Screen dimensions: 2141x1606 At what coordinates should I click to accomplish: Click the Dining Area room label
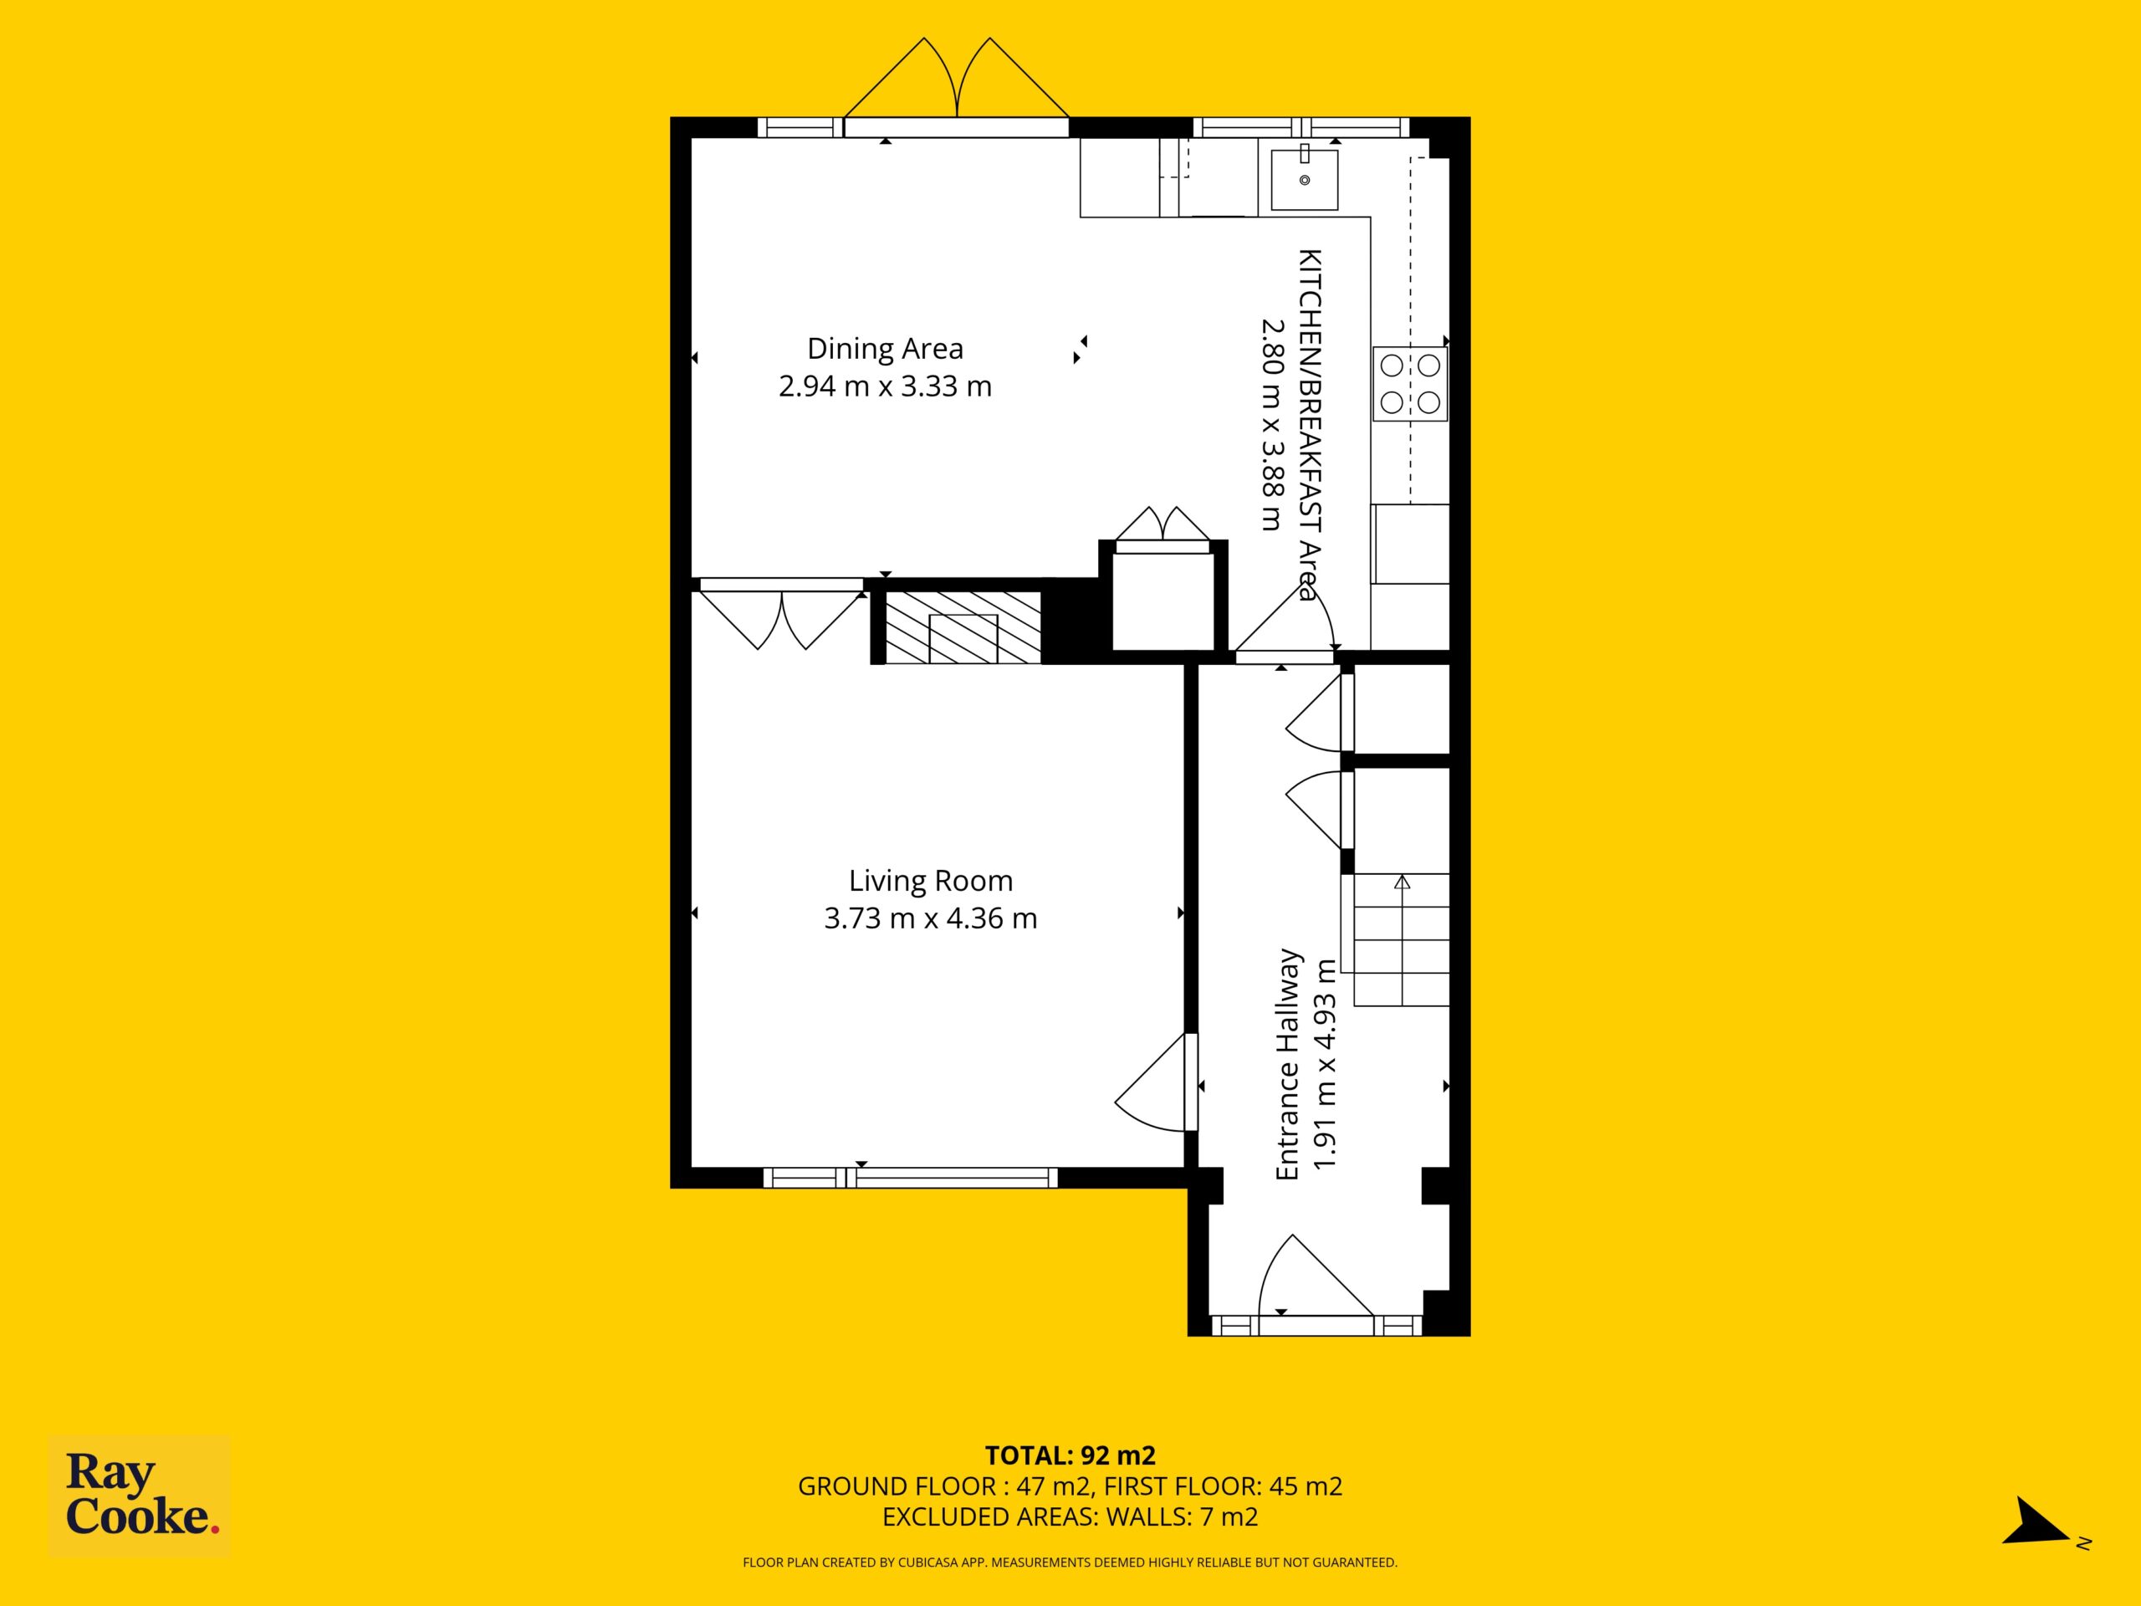[x=885, y=349]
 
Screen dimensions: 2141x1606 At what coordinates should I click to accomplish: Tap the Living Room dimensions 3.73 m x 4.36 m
[x=930, y=918]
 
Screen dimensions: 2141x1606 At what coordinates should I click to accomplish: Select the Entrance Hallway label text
[x=1287, y=1064]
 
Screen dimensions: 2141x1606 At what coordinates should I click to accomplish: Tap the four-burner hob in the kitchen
[x=1410, y=383]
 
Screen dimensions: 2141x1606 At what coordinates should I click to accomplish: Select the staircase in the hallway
[x=1401, y=940]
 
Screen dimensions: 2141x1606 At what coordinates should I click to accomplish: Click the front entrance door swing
[x=1315, y=1276]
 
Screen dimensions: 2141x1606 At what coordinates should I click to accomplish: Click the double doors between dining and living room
[x=781, y=616]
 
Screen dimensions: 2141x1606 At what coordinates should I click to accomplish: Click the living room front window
[x=910, y=1177]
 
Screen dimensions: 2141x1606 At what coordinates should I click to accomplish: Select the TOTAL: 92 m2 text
[x=1070, y=1454]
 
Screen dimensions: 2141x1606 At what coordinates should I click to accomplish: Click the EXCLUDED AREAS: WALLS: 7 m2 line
[x=1070, y=1517]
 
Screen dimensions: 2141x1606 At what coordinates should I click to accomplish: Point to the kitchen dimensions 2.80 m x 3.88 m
[x=1271, y=425]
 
